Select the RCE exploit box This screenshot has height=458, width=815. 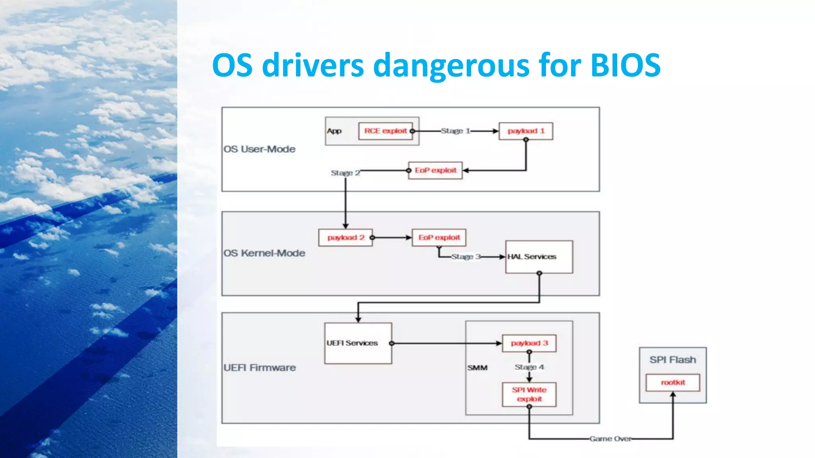[385, 131]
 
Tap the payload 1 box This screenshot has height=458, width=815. [526, 131]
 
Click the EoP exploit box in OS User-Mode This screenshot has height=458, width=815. [435, 170]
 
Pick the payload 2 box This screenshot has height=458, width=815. [345, 237]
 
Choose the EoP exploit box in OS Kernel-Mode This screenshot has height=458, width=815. [439, 237]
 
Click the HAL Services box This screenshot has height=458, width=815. [539, 257]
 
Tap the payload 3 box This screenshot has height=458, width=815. [529, 343]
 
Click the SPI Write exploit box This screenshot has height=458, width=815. [529, 394]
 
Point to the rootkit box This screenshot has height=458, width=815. [673, 382]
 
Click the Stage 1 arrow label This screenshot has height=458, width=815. [455, 131]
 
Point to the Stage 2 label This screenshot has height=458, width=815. [345, 173]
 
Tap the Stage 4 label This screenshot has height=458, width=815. [529, 367]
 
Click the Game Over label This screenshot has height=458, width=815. [610, 439]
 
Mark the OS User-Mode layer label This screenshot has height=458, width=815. [259, 149]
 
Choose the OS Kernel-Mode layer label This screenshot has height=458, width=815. [264, 253]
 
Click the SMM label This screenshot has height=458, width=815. [477, 368]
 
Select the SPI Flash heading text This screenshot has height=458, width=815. [673, 360]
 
